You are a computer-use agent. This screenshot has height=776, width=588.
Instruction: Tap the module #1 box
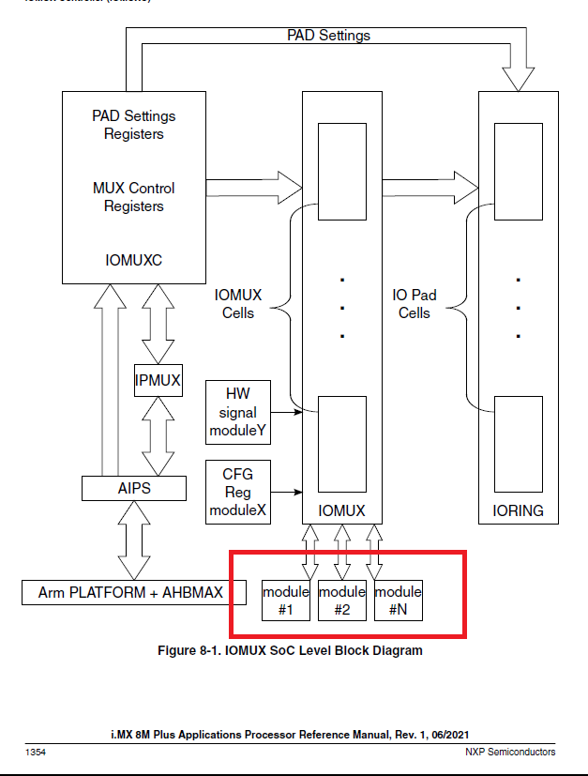[x=285, y=601]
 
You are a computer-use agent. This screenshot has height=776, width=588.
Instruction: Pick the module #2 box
[x=341, y=601]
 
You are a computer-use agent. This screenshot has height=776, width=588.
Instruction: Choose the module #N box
[x=398, y=601]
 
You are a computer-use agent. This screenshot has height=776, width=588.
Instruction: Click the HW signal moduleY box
[x=237, y=412]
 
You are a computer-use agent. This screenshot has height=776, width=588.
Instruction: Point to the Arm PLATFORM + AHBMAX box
[x=129, y=593]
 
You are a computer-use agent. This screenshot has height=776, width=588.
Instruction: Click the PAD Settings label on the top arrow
[x=328, y=36]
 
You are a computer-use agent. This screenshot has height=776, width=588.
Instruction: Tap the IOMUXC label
[x=133, y=260]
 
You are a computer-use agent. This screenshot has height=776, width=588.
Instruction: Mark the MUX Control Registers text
[x=133, y=197]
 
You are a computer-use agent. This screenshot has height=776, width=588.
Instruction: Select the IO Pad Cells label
[x=414, y=304]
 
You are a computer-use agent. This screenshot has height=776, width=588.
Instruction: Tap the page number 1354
[x=36, y=752]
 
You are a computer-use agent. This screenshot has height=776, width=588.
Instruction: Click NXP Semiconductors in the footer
[x=510, y=752]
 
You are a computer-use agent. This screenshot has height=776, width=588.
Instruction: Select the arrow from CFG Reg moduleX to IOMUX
[x=287, y=491]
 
